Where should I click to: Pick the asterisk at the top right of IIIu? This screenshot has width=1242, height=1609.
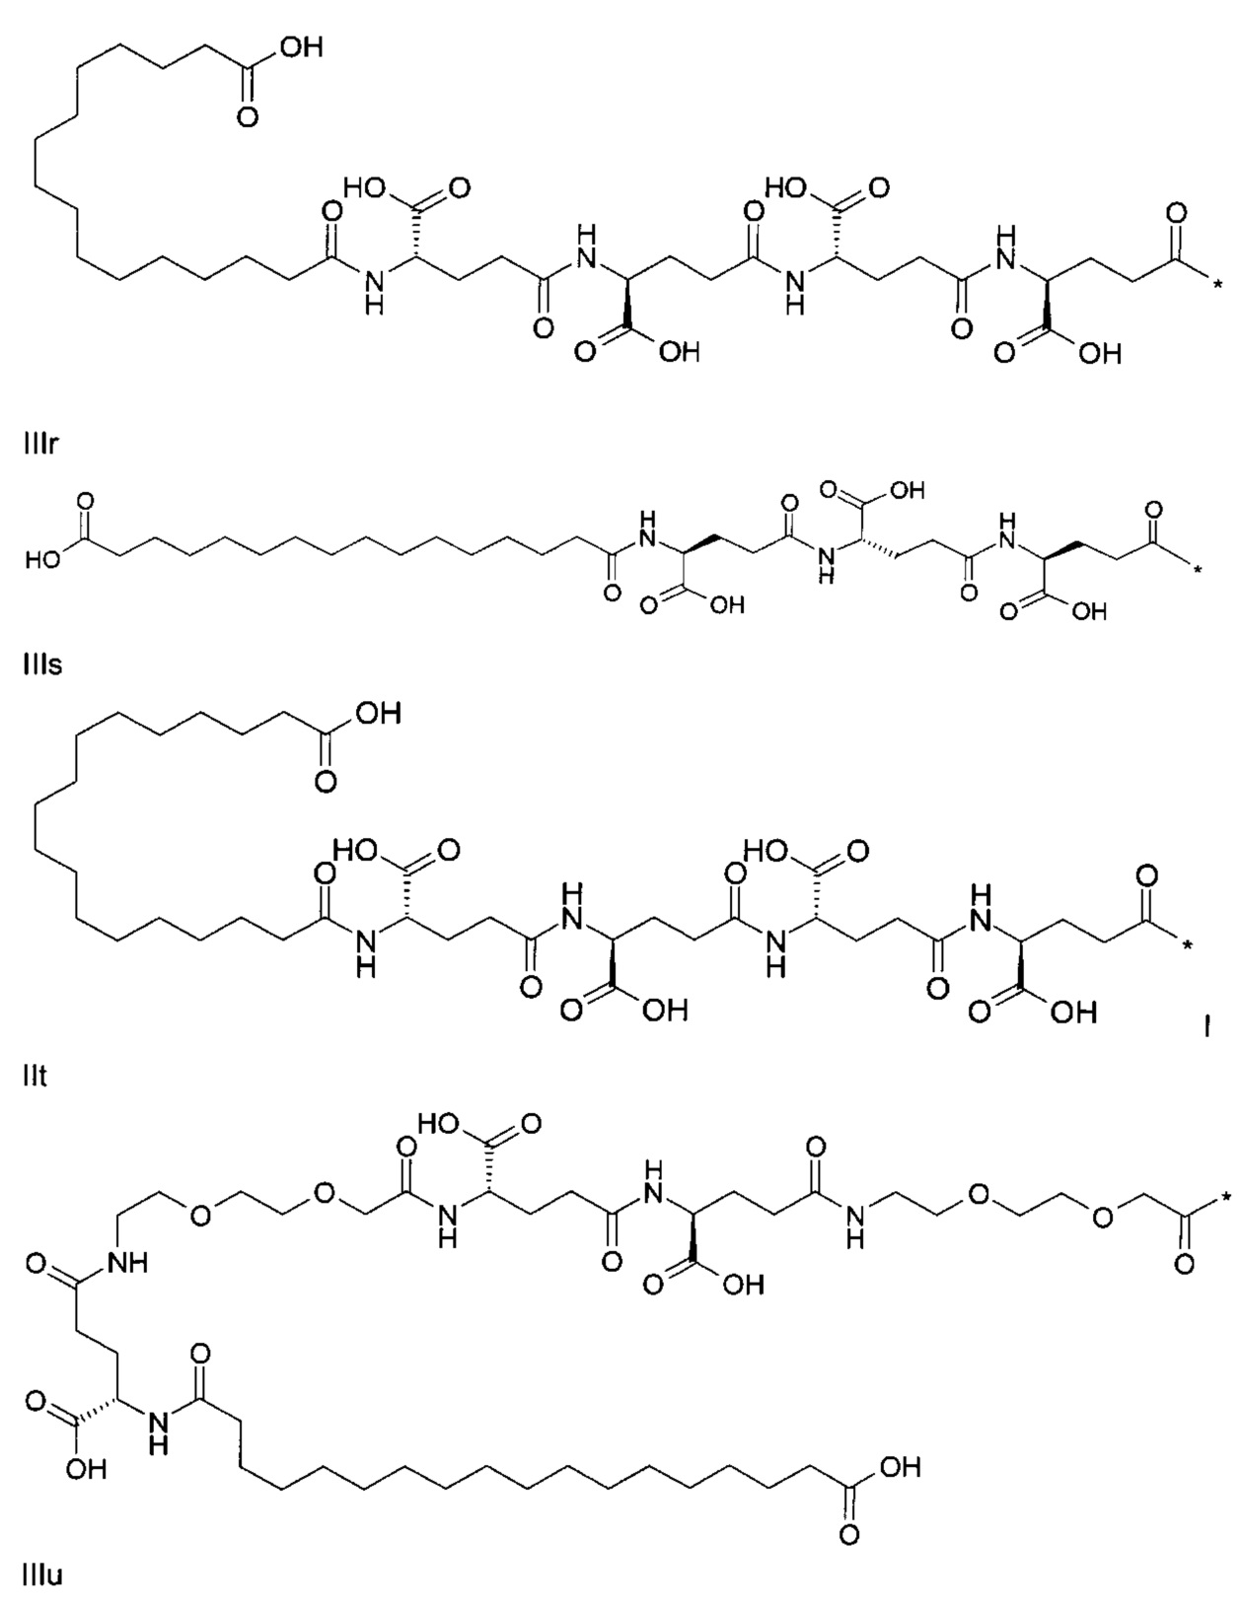pyautogui.click(x=1224, y=1199)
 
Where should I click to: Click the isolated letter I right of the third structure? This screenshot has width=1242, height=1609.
pyautogui.click(x=1205, y=1026)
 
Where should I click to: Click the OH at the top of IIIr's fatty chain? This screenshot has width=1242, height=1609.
pyautogui.click(x=300, y=47)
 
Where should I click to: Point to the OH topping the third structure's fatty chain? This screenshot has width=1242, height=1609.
pyautogui.click(x=378, y=713)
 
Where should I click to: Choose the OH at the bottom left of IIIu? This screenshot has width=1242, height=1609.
pyautogui.click(x=85, y=1468)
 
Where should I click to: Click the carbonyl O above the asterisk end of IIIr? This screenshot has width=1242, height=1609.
pyautogui.click(x=1176, y=214)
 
